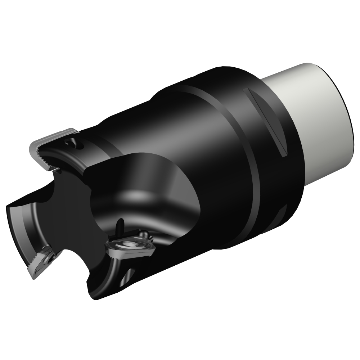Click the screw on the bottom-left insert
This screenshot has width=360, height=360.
pos(51,257)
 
